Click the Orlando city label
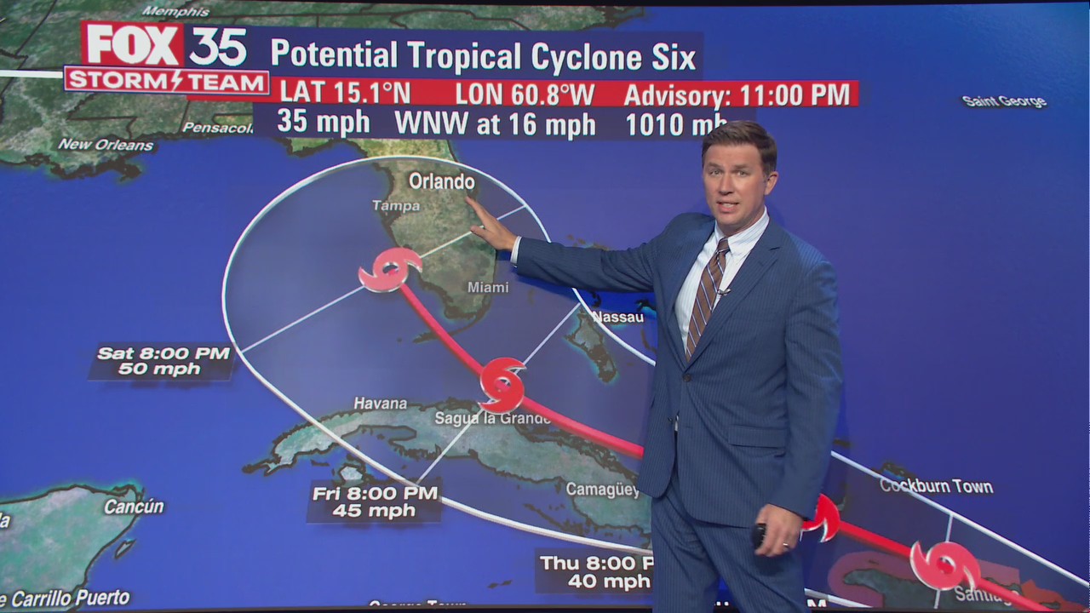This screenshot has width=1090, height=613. point(441,181)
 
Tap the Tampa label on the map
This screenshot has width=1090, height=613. point(396,206)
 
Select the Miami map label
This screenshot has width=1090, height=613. point(488,288)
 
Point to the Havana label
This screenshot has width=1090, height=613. point(380,404)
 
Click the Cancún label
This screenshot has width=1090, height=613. point(134,507)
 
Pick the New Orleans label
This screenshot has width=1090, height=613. point(106,145)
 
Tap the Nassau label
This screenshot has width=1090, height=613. point(618,317)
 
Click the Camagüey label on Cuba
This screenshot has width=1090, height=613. point(602,490)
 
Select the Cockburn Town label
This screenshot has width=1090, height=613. point(936,486)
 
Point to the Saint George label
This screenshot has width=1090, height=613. point(1004,101)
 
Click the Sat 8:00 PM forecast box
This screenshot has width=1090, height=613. point(162,361)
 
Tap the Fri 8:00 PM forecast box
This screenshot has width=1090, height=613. point(375,501)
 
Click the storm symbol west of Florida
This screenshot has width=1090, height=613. point(389,270)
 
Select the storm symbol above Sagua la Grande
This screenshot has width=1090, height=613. point(502,384)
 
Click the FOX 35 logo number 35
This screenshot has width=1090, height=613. point(217,46)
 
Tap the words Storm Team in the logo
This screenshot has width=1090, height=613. point(167,81)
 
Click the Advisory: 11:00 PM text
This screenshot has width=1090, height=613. point(737,95)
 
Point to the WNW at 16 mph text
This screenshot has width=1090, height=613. point(494,124)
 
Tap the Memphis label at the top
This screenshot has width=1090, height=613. point(175,11)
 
